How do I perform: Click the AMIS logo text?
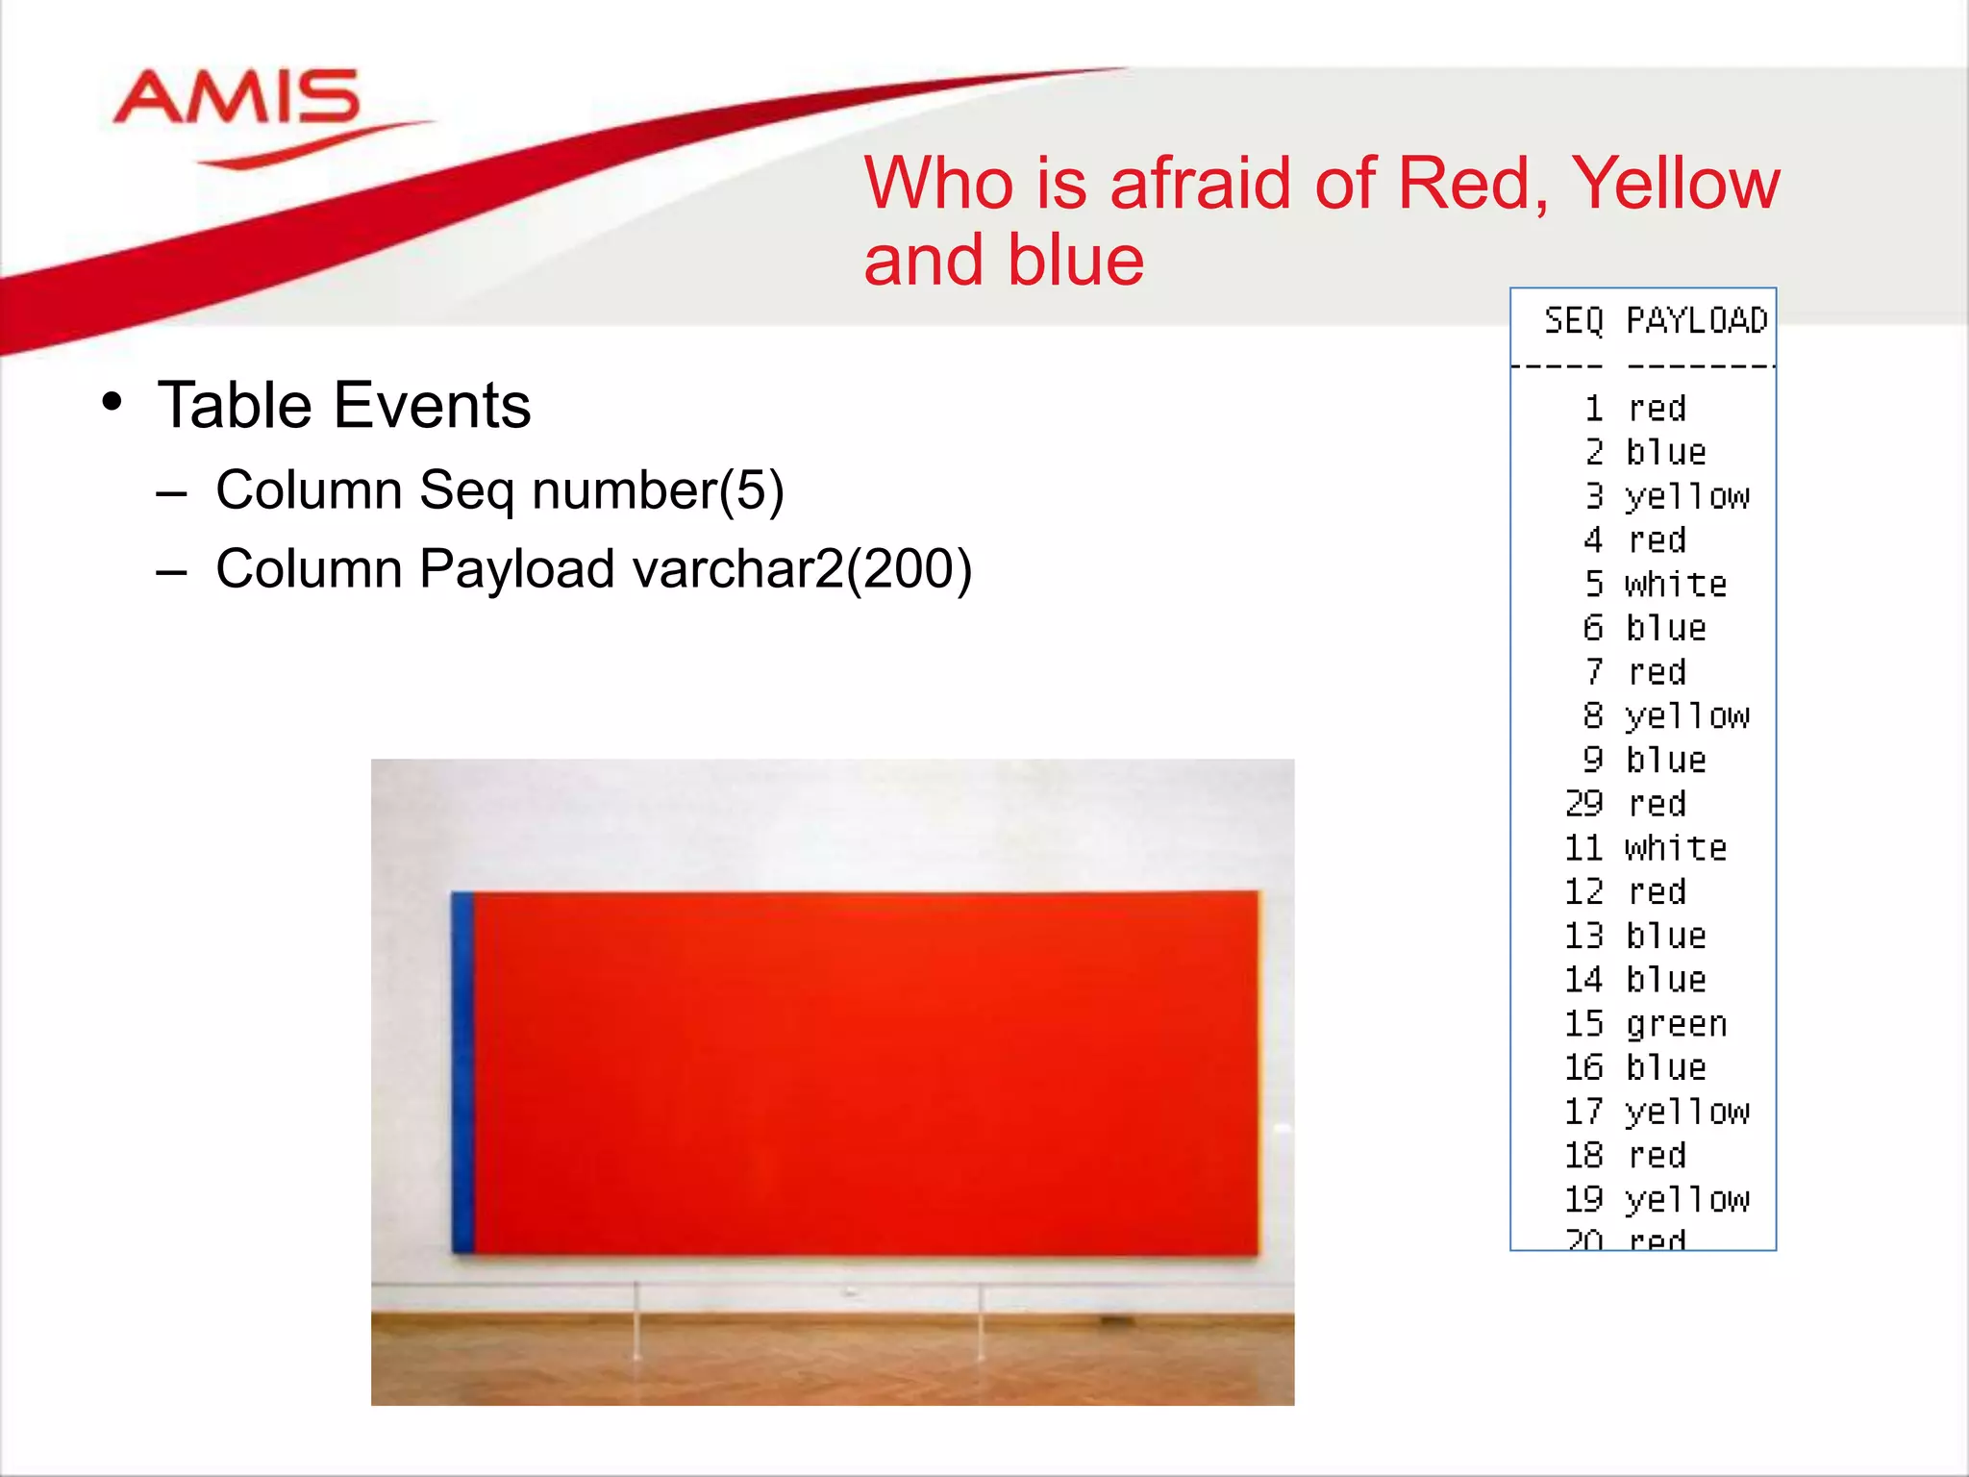click(236, 98)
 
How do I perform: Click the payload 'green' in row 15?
click(1676, 1024)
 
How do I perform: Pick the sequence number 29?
click(1583, 804)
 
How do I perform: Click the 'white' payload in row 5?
click(1676, 585)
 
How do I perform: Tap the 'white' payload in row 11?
click(1676, 848)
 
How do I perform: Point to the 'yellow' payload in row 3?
click(1687, 497)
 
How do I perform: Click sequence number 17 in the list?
click(1583, 1112)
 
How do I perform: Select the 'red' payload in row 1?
click(1657, 409)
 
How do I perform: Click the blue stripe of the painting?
click(462, 1072)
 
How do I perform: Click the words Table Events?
click(344, 406)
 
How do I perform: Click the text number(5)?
click(658, 490)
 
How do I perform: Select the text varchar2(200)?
click(802, 569)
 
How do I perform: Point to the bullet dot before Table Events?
click(112, 402)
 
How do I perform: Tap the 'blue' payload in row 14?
click(1666, 980)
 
